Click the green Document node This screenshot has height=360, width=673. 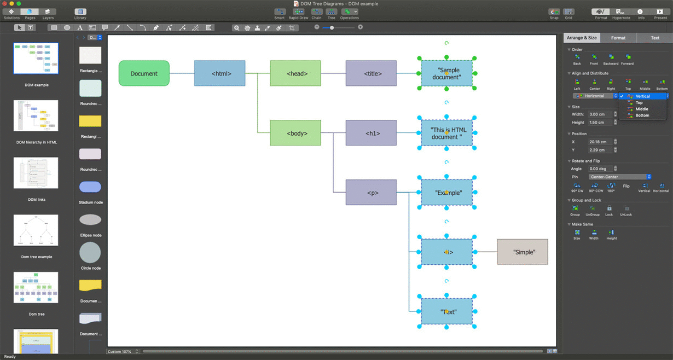pos(144,73)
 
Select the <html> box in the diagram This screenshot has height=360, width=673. pos(219,73)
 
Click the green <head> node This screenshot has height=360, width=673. pos(295,73)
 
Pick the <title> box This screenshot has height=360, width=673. pos(371,73)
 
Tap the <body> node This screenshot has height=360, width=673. pos(295,133)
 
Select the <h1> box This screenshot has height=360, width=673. pos(371,133)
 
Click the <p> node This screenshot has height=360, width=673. pos(371,193)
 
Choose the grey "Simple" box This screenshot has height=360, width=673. pos(522,252)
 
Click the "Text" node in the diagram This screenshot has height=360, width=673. pos(446,311)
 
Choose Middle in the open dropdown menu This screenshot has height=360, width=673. pos(642,109)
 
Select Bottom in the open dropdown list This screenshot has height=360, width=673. pos(642,115)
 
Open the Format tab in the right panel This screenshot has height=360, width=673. pos(618,38)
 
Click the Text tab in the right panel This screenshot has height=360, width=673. pos(655,38)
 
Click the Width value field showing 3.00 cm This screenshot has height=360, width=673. pos(600,114)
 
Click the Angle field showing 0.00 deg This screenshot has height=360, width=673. pos(600,169)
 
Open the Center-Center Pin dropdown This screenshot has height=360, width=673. pos(620,177)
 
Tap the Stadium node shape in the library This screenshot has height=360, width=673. pos(90,187)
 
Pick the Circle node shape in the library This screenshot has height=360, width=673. pos(90,253)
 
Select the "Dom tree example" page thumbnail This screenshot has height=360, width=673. pos(36,230)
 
